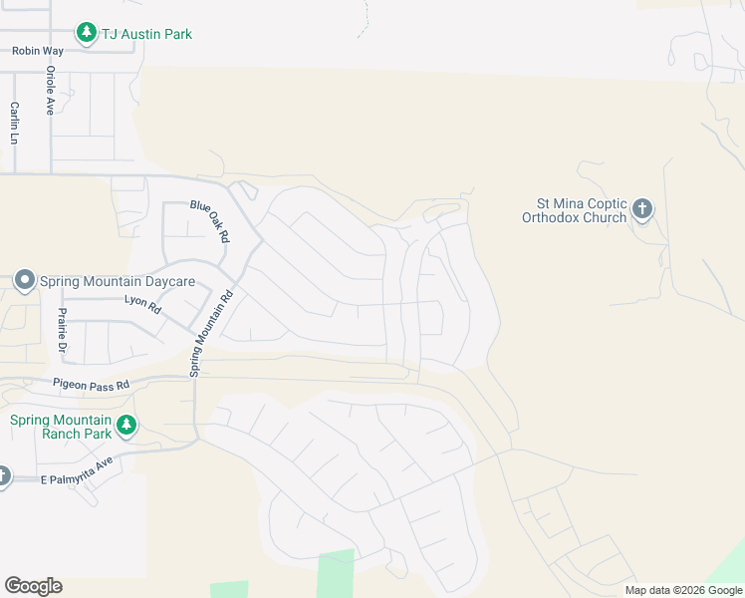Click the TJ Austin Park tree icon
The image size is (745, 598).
coord(87,34)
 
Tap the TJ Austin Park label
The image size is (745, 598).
coord(146,34)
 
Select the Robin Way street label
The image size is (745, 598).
coord(37,50)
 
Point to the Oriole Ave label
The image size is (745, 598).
coord(50,92)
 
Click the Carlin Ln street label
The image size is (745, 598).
coord(15,123)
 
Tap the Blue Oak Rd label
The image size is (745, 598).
coord(210,221)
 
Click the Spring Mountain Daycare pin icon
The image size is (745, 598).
coord(25,282)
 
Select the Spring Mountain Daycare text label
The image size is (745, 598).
coord(117,282)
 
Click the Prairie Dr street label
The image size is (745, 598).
coord(61,331)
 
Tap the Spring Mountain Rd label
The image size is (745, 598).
coord(211,333)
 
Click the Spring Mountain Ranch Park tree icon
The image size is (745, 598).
coord(125,426)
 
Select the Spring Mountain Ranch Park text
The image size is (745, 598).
coord(60,427)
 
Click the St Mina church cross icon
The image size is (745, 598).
coord(642,209)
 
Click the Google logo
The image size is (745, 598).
coord(33,586)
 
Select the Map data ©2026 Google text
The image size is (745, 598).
coord(682,590)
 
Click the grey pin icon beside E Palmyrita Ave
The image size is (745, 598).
coord(3,475)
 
